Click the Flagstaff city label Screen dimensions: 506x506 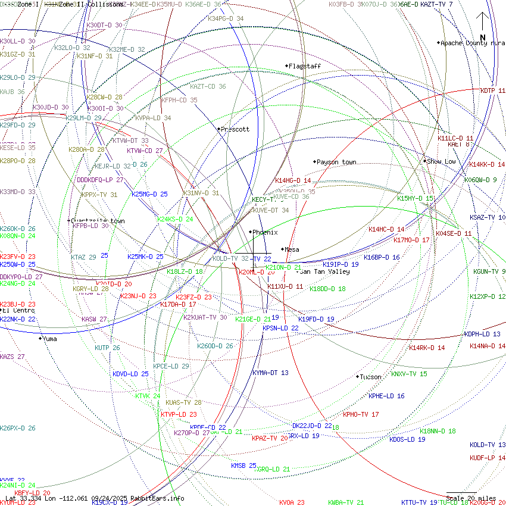coord(305,66)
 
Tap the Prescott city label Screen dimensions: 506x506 coord(235,129)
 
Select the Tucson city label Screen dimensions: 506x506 coord(371,377)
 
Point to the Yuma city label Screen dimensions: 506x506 coord(49,339)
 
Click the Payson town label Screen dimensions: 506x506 coord(336,162)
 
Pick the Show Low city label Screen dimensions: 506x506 coord(442,161)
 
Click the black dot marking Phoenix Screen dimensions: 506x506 coord(250,232)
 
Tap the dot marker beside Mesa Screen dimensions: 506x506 coord(282,249)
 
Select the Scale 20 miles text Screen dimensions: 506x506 coord(471,498)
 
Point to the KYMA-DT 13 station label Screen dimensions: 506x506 coord(270,373)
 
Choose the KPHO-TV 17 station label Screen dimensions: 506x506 coord(361,414)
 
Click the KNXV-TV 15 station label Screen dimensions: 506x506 coord(409,374)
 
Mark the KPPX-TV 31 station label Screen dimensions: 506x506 coord(99,195)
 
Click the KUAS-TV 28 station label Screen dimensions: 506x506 coord(183,402)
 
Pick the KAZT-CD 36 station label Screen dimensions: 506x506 coord(208,86)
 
